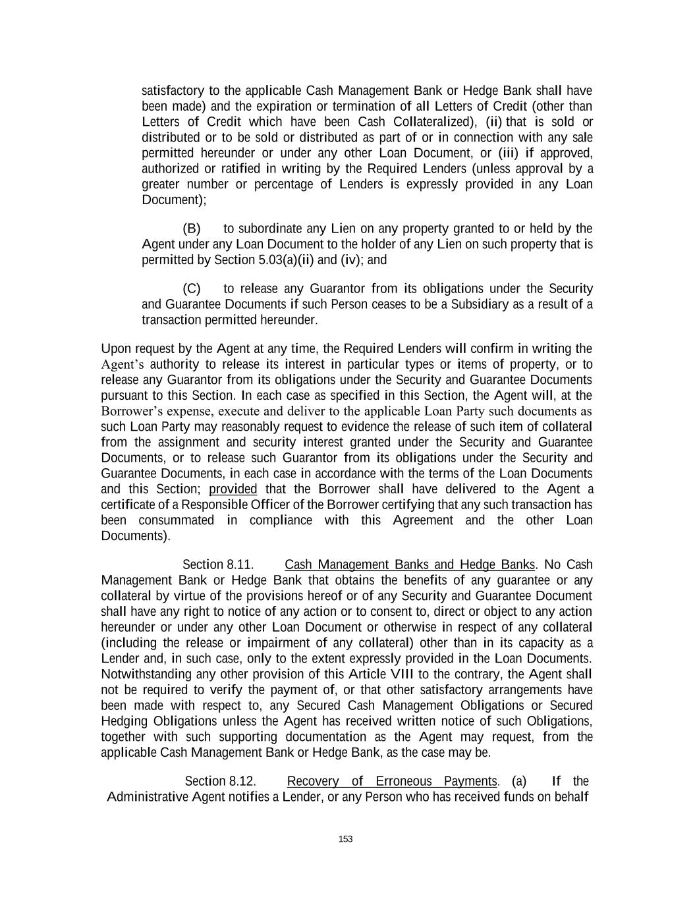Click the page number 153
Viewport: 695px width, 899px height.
345,838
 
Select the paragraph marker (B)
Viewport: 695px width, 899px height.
192,229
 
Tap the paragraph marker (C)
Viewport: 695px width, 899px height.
192,288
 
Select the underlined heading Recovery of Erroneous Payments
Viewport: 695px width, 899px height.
392,781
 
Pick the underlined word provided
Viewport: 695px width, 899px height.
233,489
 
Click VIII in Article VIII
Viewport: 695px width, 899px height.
402,674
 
